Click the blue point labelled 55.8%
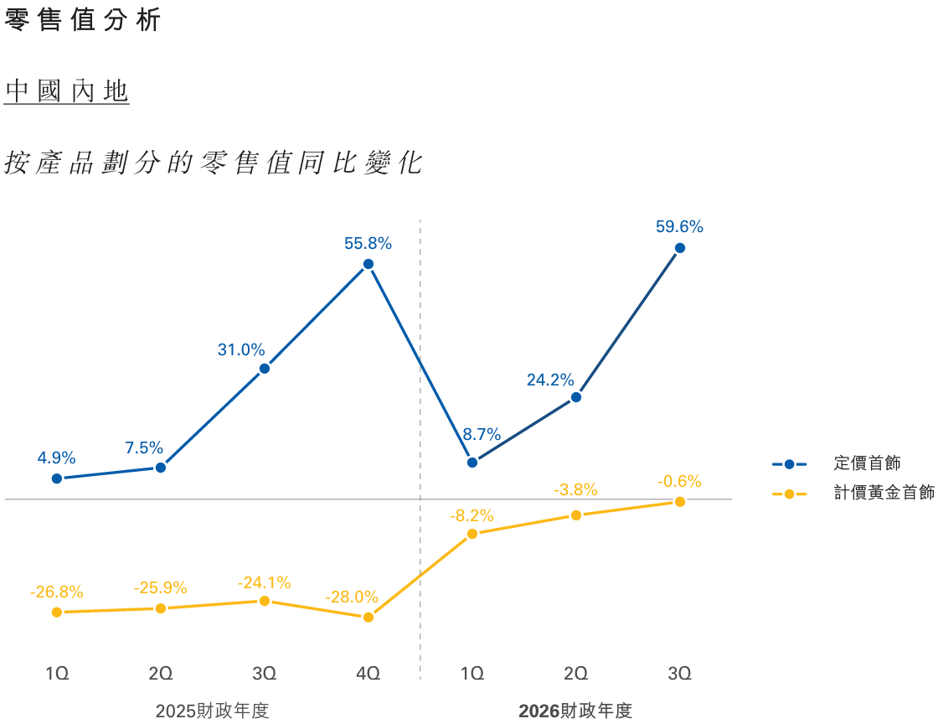(368, 264)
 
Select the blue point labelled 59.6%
(680, 248)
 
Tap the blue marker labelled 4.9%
(57, 478)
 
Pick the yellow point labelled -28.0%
(368, 618)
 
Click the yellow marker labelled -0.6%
(680, 502)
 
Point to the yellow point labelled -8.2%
(472, 534)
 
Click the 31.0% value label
(241, 350)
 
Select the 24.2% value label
(550, 380)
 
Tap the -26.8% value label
(57, 592)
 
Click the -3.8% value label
(576, 489)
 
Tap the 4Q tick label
(368, 673)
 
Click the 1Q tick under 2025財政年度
(57, 673)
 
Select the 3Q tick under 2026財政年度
(680, 673)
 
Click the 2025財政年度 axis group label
(213, 711)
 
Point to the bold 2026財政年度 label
(575, 711)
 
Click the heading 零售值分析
(82, 21)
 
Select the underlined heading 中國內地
(67, 91)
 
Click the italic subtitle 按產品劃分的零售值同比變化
(213, 163)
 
